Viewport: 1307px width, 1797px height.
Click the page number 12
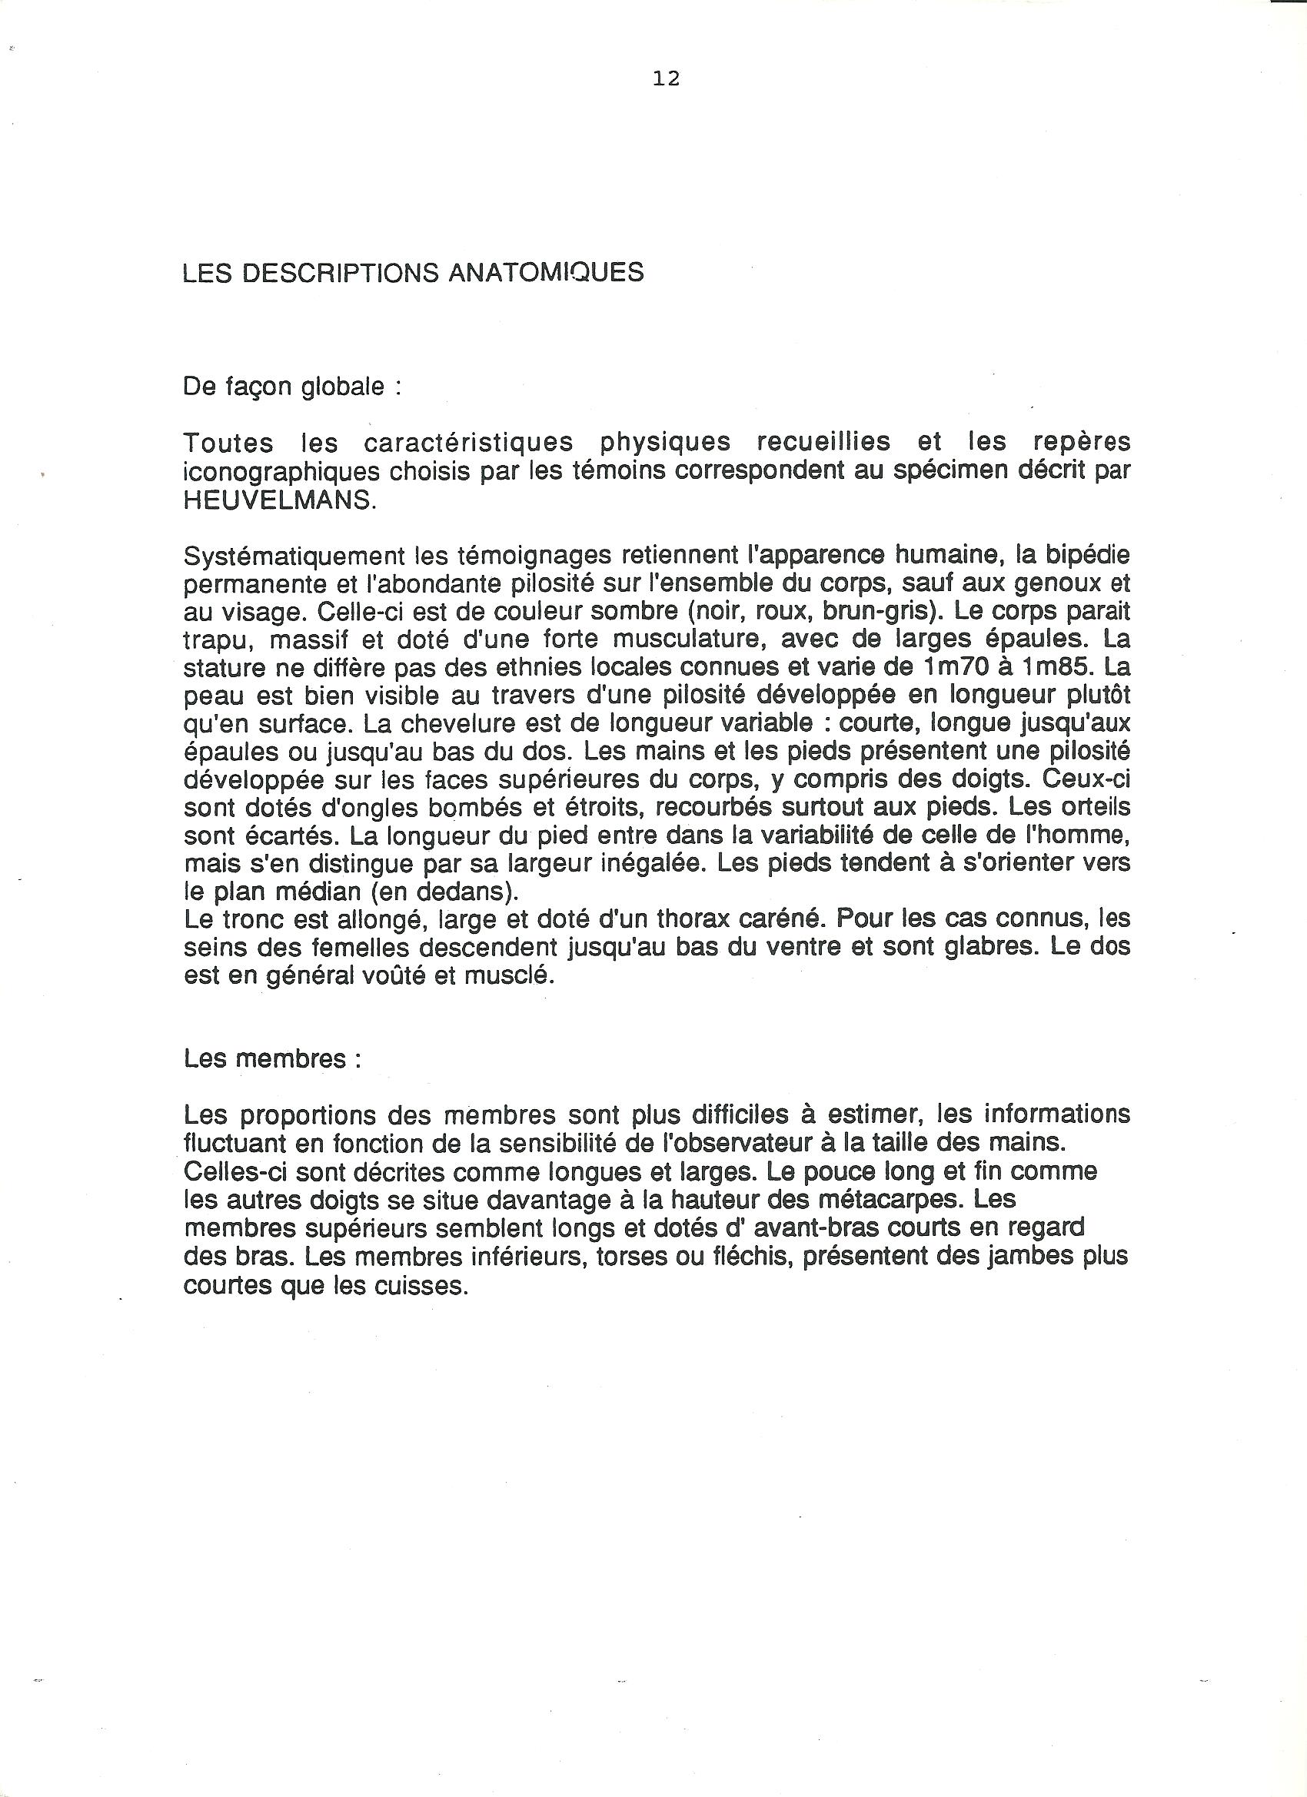[x=667, y=78]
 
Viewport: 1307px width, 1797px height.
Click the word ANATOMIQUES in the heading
[x=546, y=273]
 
